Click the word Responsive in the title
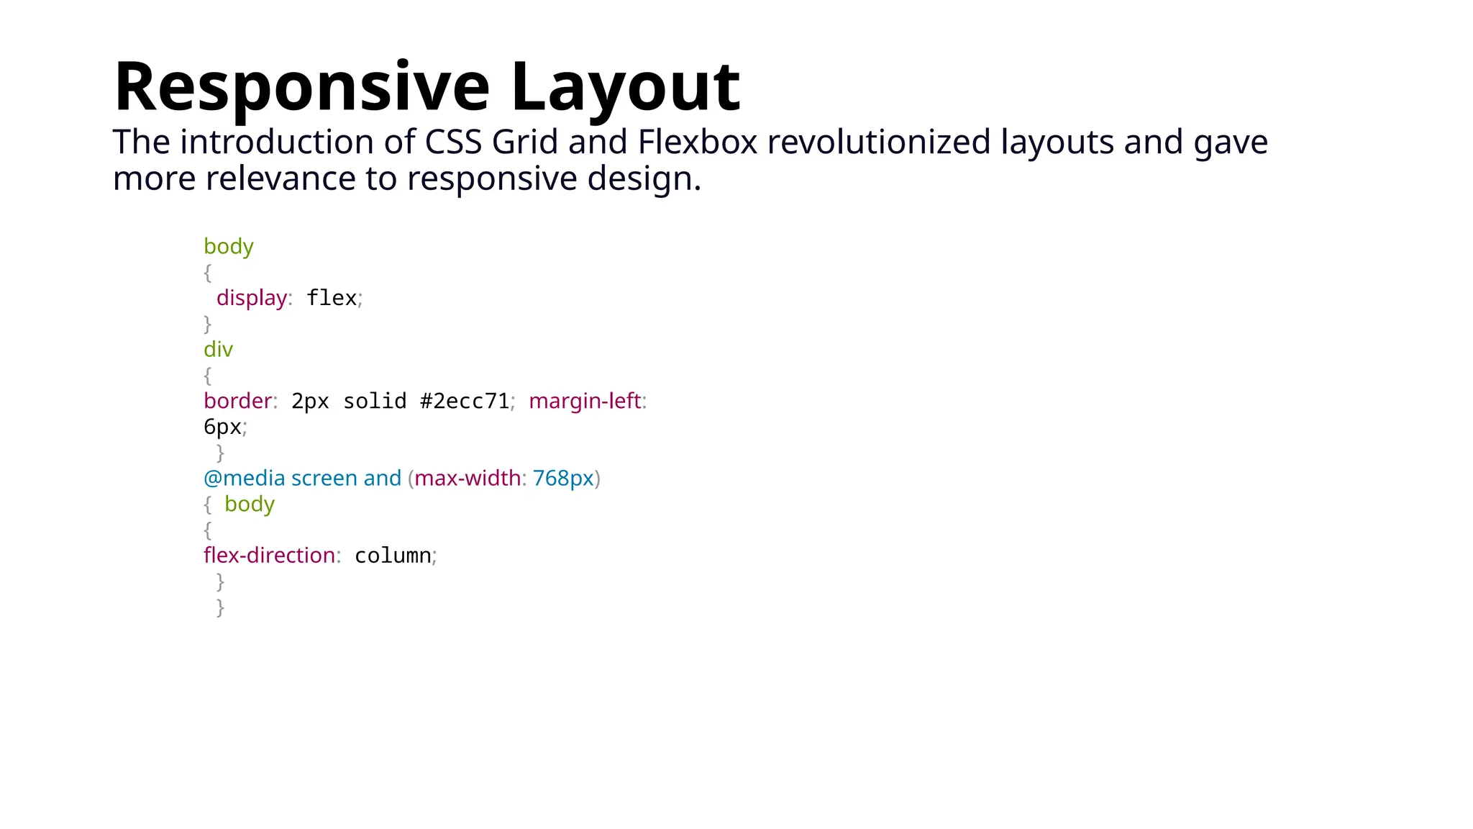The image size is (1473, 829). tap(301, 88)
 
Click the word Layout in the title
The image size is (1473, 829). tap(625, 88)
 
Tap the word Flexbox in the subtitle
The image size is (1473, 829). tap(697, 142)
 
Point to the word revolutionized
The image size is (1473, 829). tap(878, 142)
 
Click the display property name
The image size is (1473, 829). tap(251, 298)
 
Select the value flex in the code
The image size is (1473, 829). tap(331, 298)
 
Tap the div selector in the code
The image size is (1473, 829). tap(218, 350)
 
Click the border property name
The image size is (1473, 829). tap(238, 401)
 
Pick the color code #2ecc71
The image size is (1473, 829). tap(464, 401)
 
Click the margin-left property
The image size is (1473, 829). tap(584, 401)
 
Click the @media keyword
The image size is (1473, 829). tap(244, 479)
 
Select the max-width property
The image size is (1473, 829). tap(467, 479)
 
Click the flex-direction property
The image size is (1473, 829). tap(269, 556)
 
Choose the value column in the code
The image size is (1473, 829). tap(393, 556)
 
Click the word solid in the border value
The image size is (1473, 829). tap(375, 401)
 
